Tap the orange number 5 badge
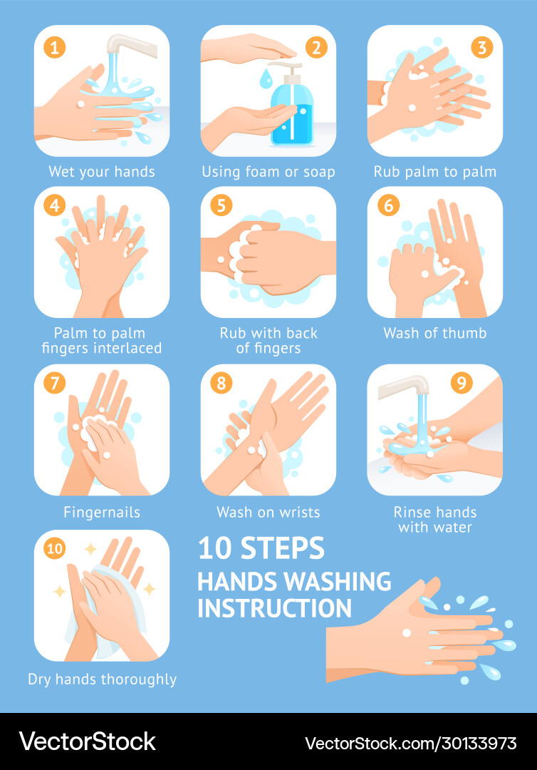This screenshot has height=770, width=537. click(221, 206)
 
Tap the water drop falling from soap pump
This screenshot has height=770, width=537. click(265, 76)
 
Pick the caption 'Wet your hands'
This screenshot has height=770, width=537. click(101, 172)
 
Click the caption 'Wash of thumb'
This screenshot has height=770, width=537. click(434, 333)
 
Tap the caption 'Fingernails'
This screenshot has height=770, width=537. click(101, 512)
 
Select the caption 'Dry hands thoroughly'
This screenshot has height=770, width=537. click(102, 679)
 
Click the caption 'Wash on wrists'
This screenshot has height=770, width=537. click(268, 512)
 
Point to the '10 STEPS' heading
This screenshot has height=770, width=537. click(261, 548)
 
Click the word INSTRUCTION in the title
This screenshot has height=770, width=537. click(274, 608)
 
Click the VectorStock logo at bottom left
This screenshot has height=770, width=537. click(87, 741)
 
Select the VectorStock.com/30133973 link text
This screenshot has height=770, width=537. click(411, 743)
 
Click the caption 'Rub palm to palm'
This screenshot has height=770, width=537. click(434, 172)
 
